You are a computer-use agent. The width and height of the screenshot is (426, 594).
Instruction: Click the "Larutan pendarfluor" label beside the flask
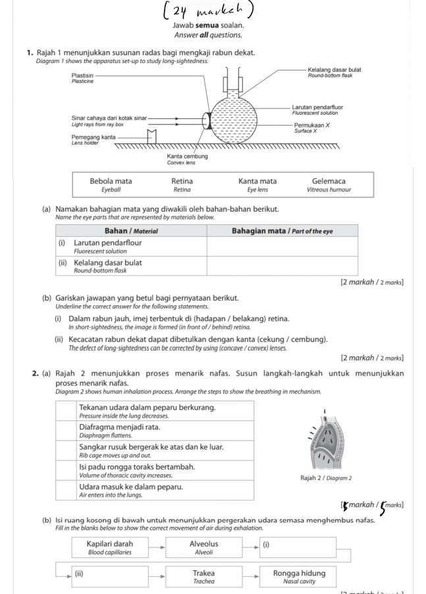click(317, 107)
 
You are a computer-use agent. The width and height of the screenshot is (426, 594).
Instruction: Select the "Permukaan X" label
click(311, 124)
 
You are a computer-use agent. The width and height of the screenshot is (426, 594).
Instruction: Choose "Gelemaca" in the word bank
click(329, 181)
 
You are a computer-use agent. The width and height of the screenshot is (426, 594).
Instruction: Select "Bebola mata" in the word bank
click(111, 181)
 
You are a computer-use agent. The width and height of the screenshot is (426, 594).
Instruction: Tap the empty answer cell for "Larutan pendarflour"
click(282, 247)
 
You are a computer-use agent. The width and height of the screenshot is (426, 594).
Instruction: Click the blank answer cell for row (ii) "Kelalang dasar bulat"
click(282, 266)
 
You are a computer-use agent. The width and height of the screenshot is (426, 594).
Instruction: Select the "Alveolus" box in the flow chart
click(203, 547)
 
